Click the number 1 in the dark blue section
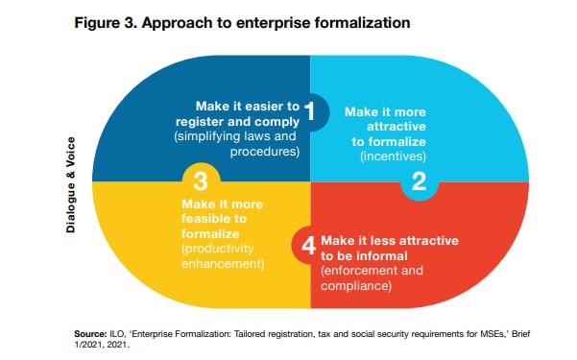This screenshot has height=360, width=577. [310, 110]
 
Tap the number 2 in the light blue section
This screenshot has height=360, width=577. [419, 181]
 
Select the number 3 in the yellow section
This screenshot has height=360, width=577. [201, 180]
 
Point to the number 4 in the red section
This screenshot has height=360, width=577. [308, 246]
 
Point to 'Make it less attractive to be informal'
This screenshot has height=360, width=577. [390, 247]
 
